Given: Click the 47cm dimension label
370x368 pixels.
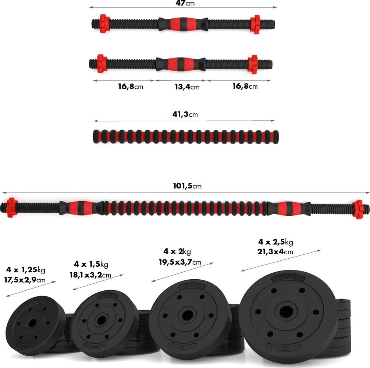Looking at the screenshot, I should click(185, 3).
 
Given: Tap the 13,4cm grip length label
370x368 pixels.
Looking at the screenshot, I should click(186, 87).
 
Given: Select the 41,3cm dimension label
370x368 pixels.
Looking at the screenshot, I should click(185, 114).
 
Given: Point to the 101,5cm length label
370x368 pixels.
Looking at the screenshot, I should click(187, 186).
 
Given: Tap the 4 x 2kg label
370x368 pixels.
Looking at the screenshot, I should click(177, 252).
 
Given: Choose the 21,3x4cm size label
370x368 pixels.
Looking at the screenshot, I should click(276, 252).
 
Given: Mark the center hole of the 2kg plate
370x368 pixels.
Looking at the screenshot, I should click(187, 315).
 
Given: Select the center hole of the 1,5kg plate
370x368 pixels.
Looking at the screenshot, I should click(100, 319).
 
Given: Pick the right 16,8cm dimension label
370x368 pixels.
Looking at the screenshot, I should click(245, 86).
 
